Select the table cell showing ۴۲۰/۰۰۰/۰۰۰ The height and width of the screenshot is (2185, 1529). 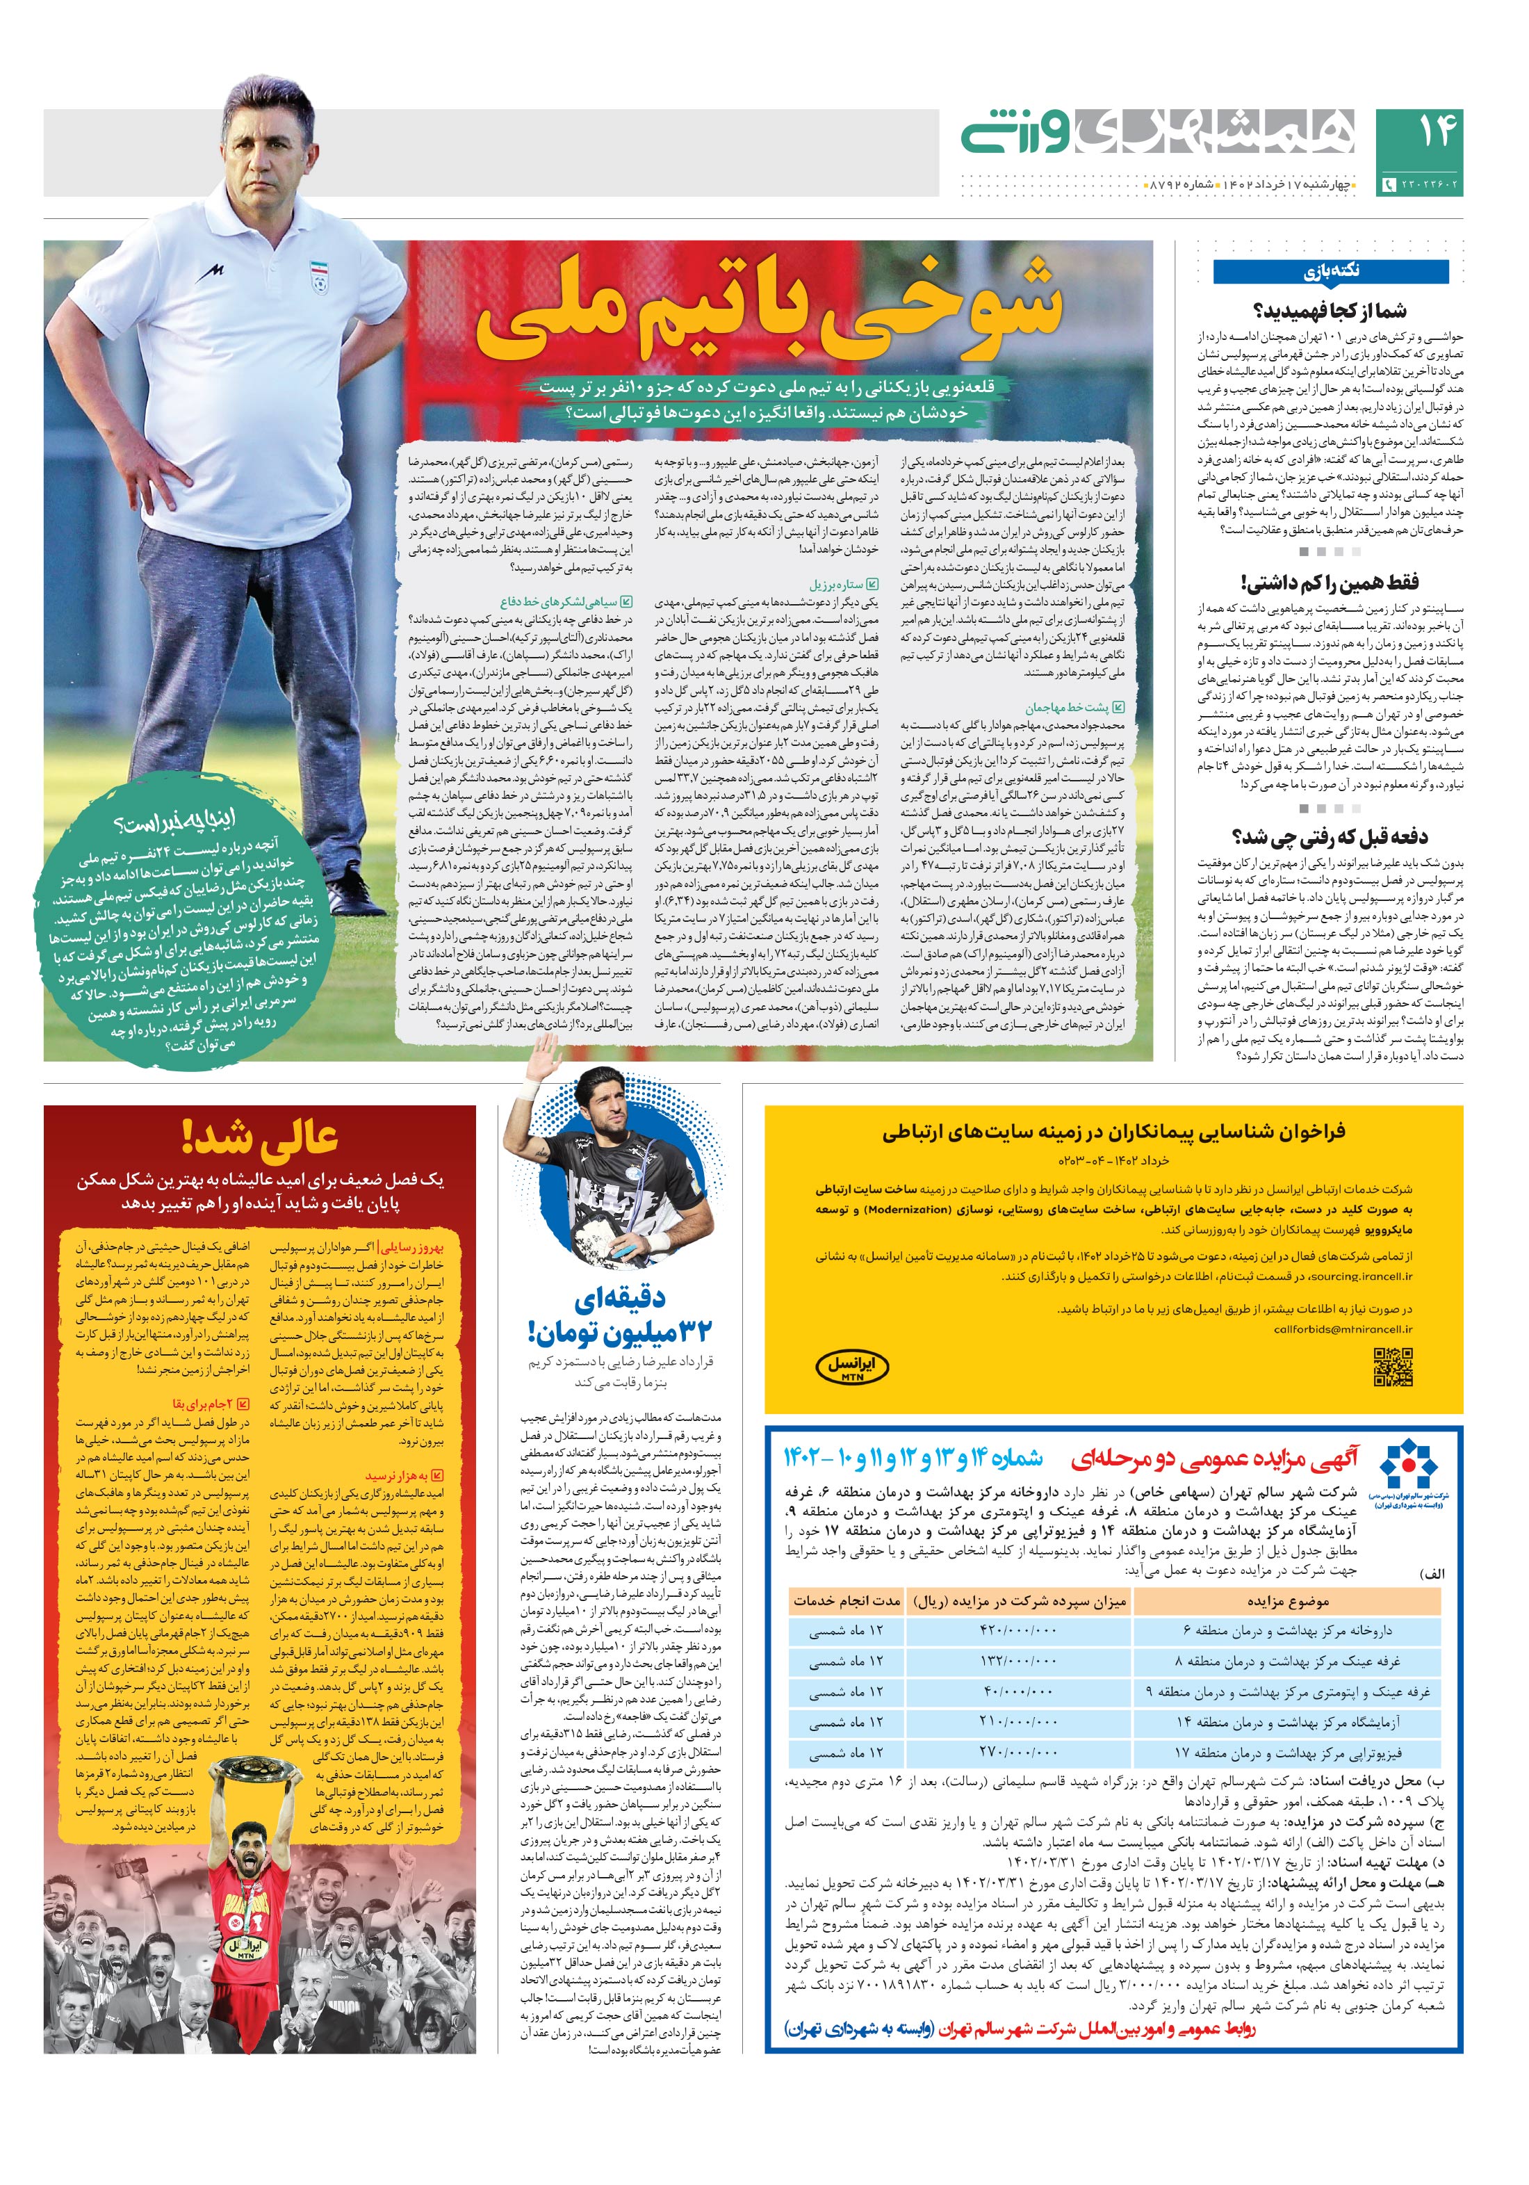pos(1018,1630)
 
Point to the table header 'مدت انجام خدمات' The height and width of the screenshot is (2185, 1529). pos(846,1600)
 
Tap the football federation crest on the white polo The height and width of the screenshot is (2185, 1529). pos(318,276)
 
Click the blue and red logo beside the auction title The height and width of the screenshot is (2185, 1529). pos(1410,1465)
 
